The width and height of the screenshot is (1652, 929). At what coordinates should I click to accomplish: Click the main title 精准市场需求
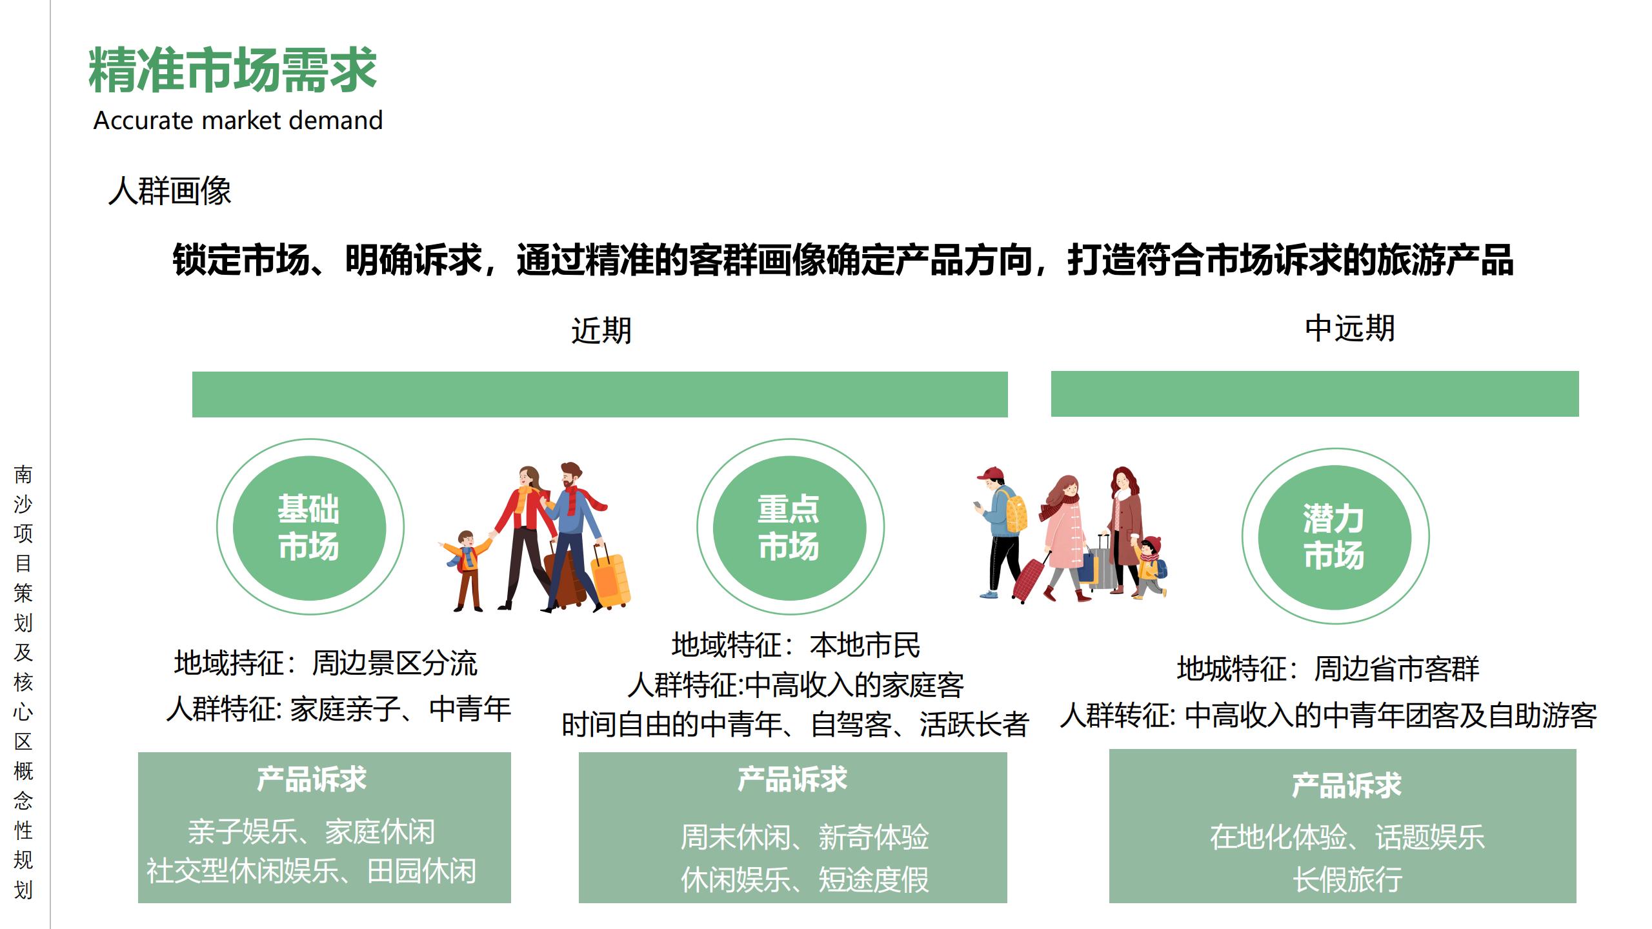232,70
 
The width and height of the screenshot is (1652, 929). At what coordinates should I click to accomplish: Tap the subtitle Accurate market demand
237,121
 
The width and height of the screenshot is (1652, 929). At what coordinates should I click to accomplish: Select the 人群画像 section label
169,191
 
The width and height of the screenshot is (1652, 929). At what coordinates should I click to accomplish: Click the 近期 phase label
601,330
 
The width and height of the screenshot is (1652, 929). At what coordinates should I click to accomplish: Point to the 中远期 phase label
1349,328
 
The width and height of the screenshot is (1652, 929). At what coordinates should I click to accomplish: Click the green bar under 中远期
1315,394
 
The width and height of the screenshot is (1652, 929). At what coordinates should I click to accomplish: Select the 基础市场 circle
309,527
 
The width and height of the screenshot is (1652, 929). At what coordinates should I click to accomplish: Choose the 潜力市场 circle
1334,536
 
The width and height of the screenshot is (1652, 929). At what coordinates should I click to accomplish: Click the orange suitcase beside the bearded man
609,579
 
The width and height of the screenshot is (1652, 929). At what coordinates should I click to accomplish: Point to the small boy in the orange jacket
466,568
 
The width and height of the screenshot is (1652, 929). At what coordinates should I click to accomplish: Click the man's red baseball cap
990,474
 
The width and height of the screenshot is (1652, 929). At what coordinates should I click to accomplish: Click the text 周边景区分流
394,663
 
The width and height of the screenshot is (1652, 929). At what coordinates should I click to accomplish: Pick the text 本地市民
865,645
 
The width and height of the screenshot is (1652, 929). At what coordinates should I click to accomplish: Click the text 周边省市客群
1396,668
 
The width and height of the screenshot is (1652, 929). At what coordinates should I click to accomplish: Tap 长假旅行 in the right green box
1347,879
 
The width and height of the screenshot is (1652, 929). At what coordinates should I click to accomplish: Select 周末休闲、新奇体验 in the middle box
805,837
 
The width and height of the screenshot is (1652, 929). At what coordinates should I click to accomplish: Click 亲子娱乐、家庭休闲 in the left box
311,832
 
